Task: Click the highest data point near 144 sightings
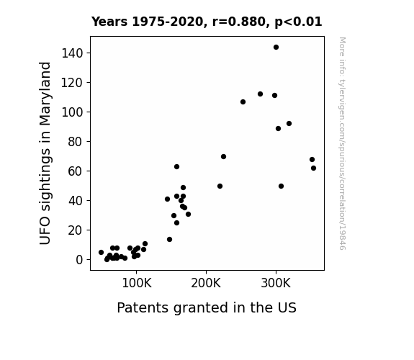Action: [276, 48]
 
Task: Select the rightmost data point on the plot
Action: [313, 168]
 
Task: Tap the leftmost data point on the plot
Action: [101, 253]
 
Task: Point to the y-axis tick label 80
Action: [76, 142]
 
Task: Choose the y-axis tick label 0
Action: [79, 260]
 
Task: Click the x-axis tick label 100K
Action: [137, 284]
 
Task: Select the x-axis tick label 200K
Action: [206, 284]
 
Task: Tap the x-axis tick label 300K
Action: [276, 284]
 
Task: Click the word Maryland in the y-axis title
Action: [45, 94]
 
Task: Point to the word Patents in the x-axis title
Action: [143, 307]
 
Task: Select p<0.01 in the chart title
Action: [298, 22]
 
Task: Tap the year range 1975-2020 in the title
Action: [167, 22]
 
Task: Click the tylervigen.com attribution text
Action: [342, 143]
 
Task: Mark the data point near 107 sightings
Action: [243, 102]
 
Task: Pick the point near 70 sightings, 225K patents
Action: [223, 157]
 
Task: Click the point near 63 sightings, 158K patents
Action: [176, 166]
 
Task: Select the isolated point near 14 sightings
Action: [169, 239]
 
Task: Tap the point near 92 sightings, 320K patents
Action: [289, 123]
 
